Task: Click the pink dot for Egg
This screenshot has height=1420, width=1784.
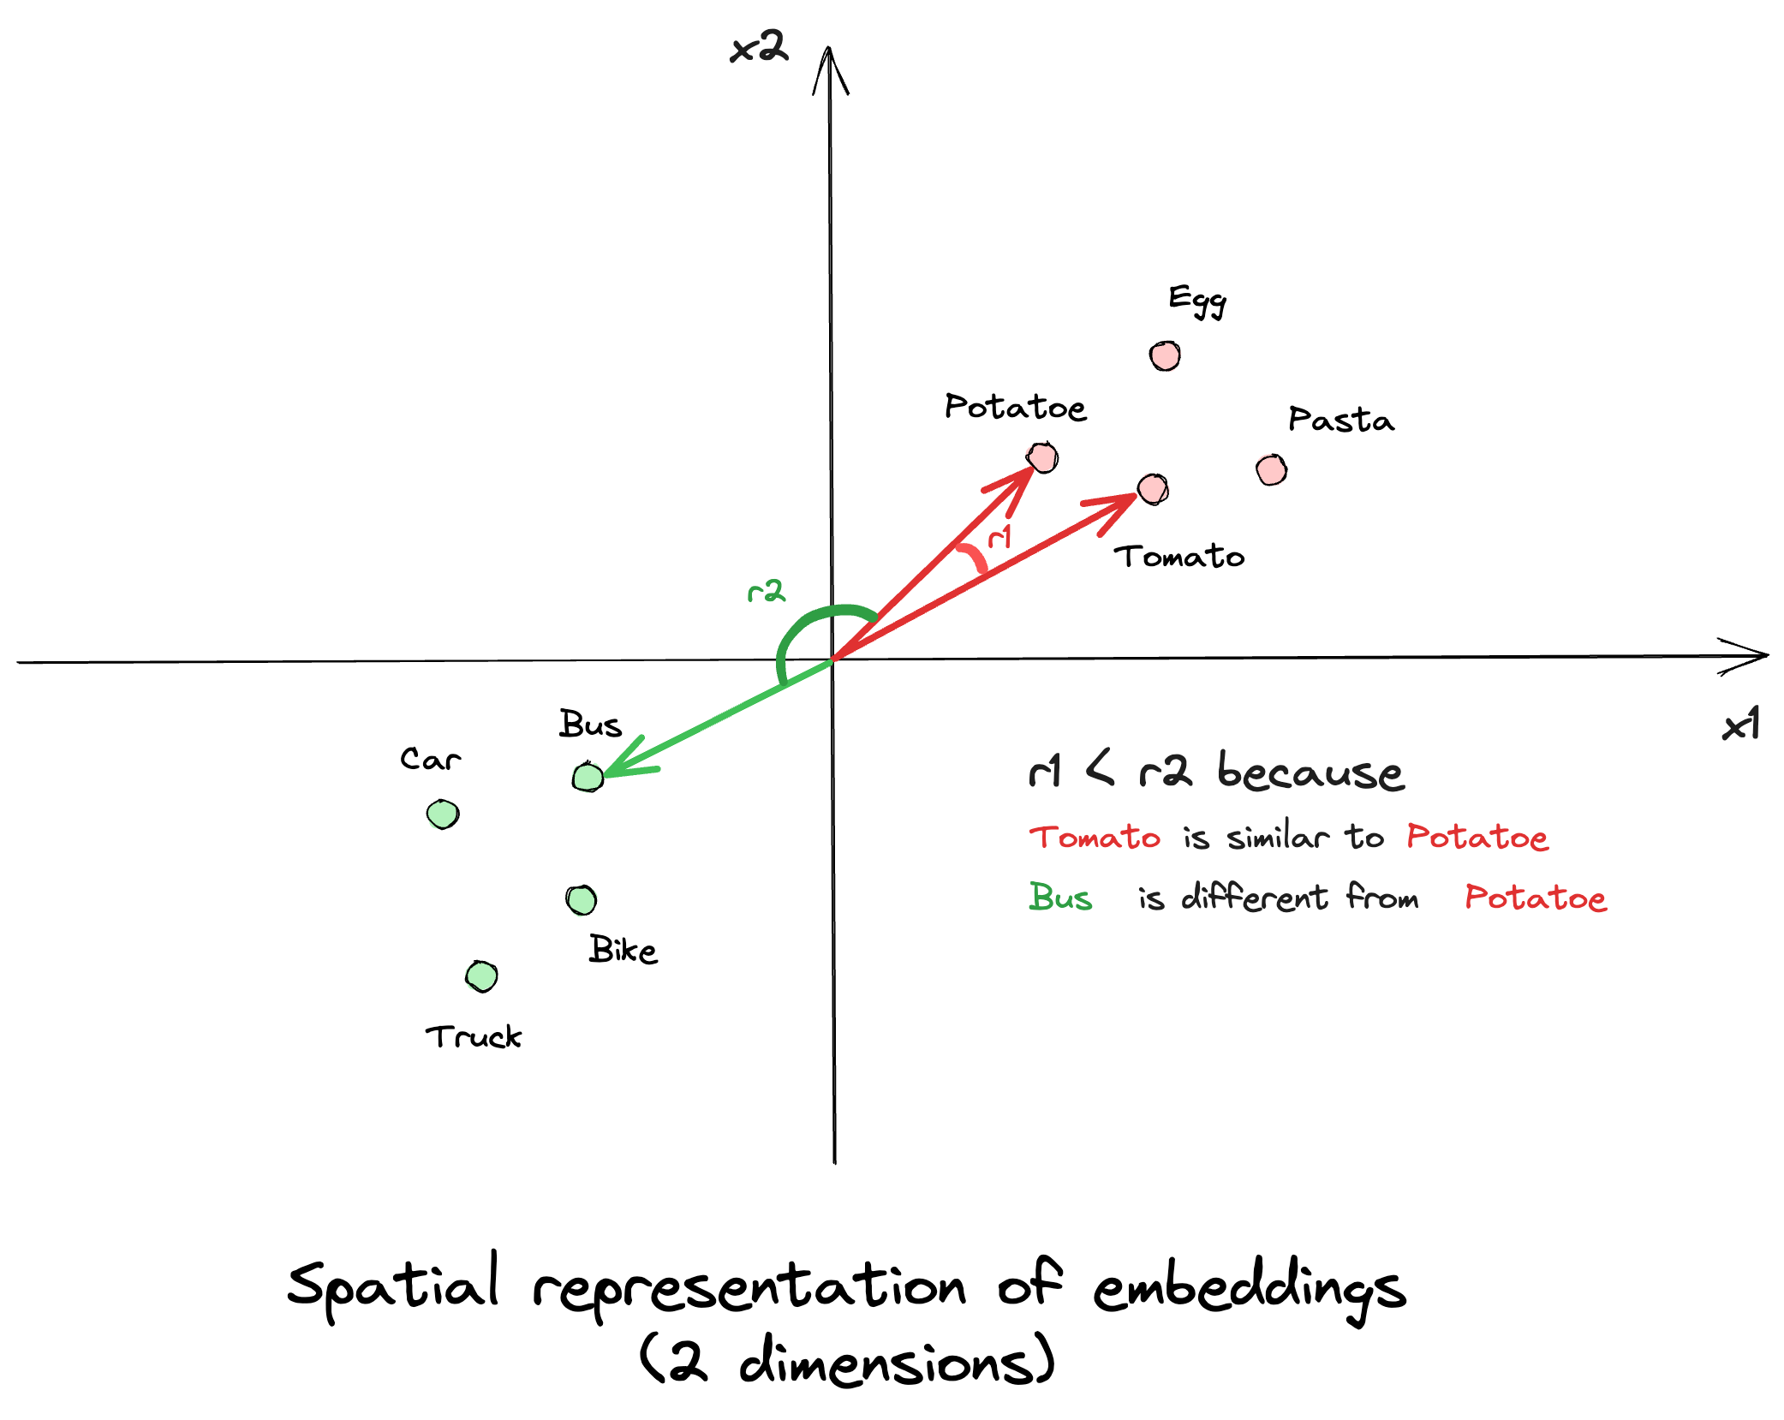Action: point(1165,355)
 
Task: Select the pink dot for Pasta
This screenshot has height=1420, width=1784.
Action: point(1271,469)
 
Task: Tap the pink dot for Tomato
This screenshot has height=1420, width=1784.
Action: point(1153,489)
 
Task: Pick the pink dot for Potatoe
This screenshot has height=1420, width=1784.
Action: point(1042,457)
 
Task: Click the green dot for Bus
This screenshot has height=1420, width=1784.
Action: point(588,777)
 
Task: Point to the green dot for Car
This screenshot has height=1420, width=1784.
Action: point(443,814)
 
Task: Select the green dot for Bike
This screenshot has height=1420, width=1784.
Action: point(582,900)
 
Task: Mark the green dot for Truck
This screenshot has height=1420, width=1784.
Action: point(481,976)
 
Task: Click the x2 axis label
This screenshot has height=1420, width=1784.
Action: point(758,47)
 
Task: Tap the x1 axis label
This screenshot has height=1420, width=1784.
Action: point(1740,725)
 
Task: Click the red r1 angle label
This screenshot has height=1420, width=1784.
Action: point(999,537)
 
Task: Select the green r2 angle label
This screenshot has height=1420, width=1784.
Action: point(766,591)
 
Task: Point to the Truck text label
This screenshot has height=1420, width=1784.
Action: point(473,1036)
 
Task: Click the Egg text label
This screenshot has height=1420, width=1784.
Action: point(1197,300)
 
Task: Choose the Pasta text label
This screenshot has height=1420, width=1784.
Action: point(1340,420)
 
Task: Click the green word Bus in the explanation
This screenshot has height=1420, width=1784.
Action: point(1060,898)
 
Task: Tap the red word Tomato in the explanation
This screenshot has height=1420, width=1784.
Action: point(1095,837)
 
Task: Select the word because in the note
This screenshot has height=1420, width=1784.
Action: point(1310,772)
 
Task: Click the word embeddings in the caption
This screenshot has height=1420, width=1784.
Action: point(1250,1289)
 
